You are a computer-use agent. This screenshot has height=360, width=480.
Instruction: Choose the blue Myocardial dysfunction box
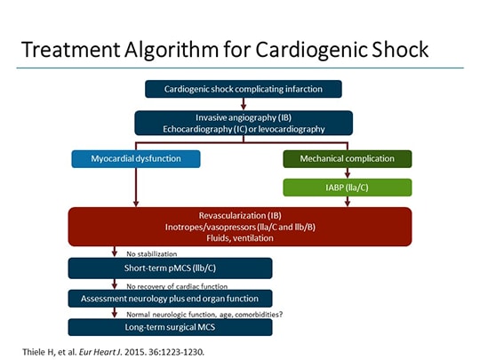click(x=136, y=159)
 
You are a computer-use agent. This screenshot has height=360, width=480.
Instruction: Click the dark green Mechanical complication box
click(x=347, y=159)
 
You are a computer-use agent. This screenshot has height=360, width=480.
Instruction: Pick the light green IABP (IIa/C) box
click(x=347, y=187)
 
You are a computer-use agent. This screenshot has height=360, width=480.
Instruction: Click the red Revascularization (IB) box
click(x=240, y=227)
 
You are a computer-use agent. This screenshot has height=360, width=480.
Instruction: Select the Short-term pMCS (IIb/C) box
click(x=170, y=268)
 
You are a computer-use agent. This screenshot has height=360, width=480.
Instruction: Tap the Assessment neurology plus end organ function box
click(x=170, y=298)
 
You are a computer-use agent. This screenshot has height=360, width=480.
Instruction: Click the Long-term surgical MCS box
click(x=170, y=328)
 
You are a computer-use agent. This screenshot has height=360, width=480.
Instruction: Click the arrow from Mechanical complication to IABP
click(x=347, y=172)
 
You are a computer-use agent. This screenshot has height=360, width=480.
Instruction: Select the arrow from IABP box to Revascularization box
click(x=347, y=202)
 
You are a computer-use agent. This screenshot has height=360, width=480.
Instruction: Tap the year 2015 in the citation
click(x=161, y=348)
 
